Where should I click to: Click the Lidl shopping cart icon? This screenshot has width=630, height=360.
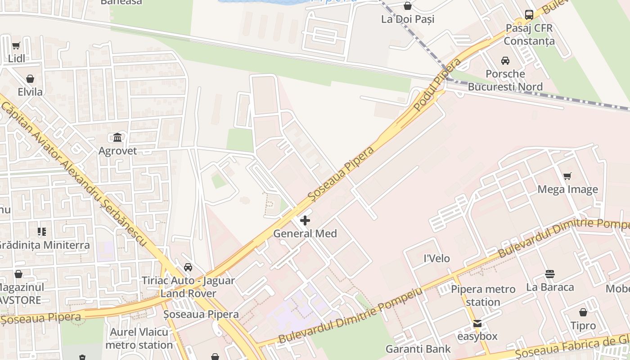point(16,45)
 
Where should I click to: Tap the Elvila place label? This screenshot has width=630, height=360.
point(30,92)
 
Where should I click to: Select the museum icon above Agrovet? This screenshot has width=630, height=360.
point(117,137)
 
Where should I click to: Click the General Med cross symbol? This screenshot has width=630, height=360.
point(305,220)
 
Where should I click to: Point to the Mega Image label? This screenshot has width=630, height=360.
point(568,189)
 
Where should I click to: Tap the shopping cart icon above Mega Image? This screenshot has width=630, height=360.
point(567,176)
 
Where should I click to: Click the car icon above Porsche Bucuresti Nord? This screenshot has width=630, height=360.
point(505,61)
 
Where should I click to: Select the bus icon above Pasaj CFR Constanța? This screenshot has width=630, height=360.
point(529,14)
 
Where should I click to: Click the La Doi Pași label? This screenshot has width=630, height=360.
point(408,19)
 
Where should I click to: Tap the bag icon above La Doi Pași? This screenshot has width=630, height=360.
point(408,6)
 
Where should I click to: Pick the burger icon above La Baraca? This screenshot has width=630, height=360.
point(549,274)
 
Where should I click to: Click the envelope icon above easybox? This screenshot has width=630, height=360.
point(477,323)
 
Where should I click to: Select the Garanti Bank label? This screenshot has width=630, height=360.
point(418,349)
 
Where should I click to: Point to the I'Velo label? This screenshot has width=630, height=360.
point(437,259)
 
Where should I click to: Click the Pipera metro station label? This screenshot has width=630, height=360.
point(483,295)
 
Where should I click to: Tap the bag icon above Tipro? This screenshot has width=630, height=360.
point(583,312)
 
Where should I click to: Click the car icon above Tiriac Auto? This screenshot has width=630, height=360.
point(188,267)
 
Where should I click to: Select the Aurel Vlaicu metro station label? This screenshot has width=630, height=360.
point(139,339)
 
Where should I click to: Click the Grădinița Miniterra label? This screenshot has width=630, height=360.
point(44,245)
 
